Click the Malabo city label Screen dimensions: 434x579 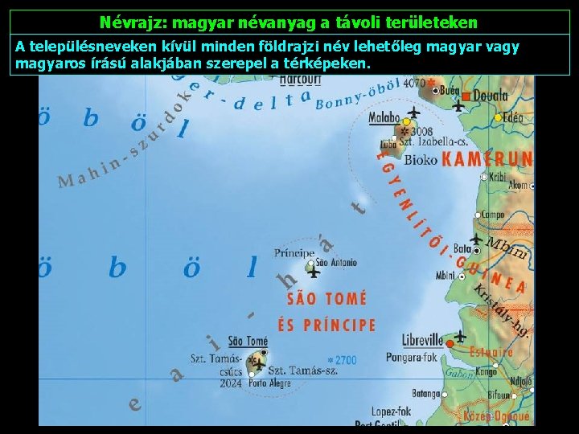(x=384, y=118)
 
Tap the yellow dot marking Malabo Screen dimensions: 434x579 (x=406, y=122)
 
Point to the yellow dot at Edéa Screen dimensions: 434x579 (x=498, y=117)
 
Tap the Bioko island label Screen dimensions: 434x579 (x=421, y=160)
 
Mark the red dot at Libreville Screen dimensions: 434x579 (x=450, y=344)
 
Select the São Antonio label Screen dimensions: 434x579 (x=336, y=262)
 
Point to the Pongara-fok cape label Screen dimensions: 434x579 (x=412, y=355)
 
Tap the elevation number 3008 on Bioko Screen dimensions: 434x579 (x=421, y=131)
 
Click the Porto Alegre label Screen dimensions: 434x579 (x=269, y=383)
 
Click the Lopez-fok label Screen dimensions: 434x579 (x=391, y=411)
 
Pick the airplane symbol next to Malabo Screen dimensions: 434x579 (x=413, y=112)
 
